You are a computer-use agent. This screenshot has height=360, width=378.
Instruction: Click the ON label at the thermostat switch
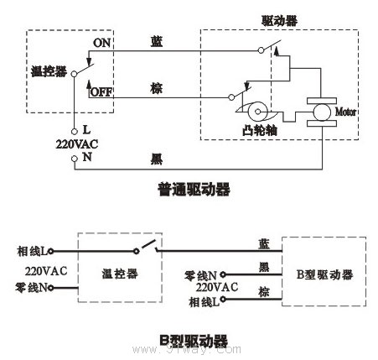pyautogui.click(x=101, y=42)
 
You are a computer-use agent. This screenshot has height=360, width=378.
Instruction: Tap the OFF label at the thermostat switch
pyautogui.click(x=101, y=91)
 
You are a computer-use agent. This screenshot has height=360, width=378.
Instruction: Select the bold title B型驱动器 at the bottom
pyautogui.click(x=194, y=342)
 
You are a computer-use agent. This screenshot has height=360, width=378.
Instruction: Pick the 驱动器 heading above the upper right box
pyautogui.click(x=278, y=18)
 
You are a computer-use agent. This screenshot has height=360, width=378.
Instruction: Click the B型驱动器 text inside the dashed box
pyautogui.click(x=324, y=274)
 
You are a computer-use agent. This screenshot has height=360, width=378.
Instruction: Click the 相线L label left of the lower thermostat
pyautogui.click(x=34, y=251)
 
